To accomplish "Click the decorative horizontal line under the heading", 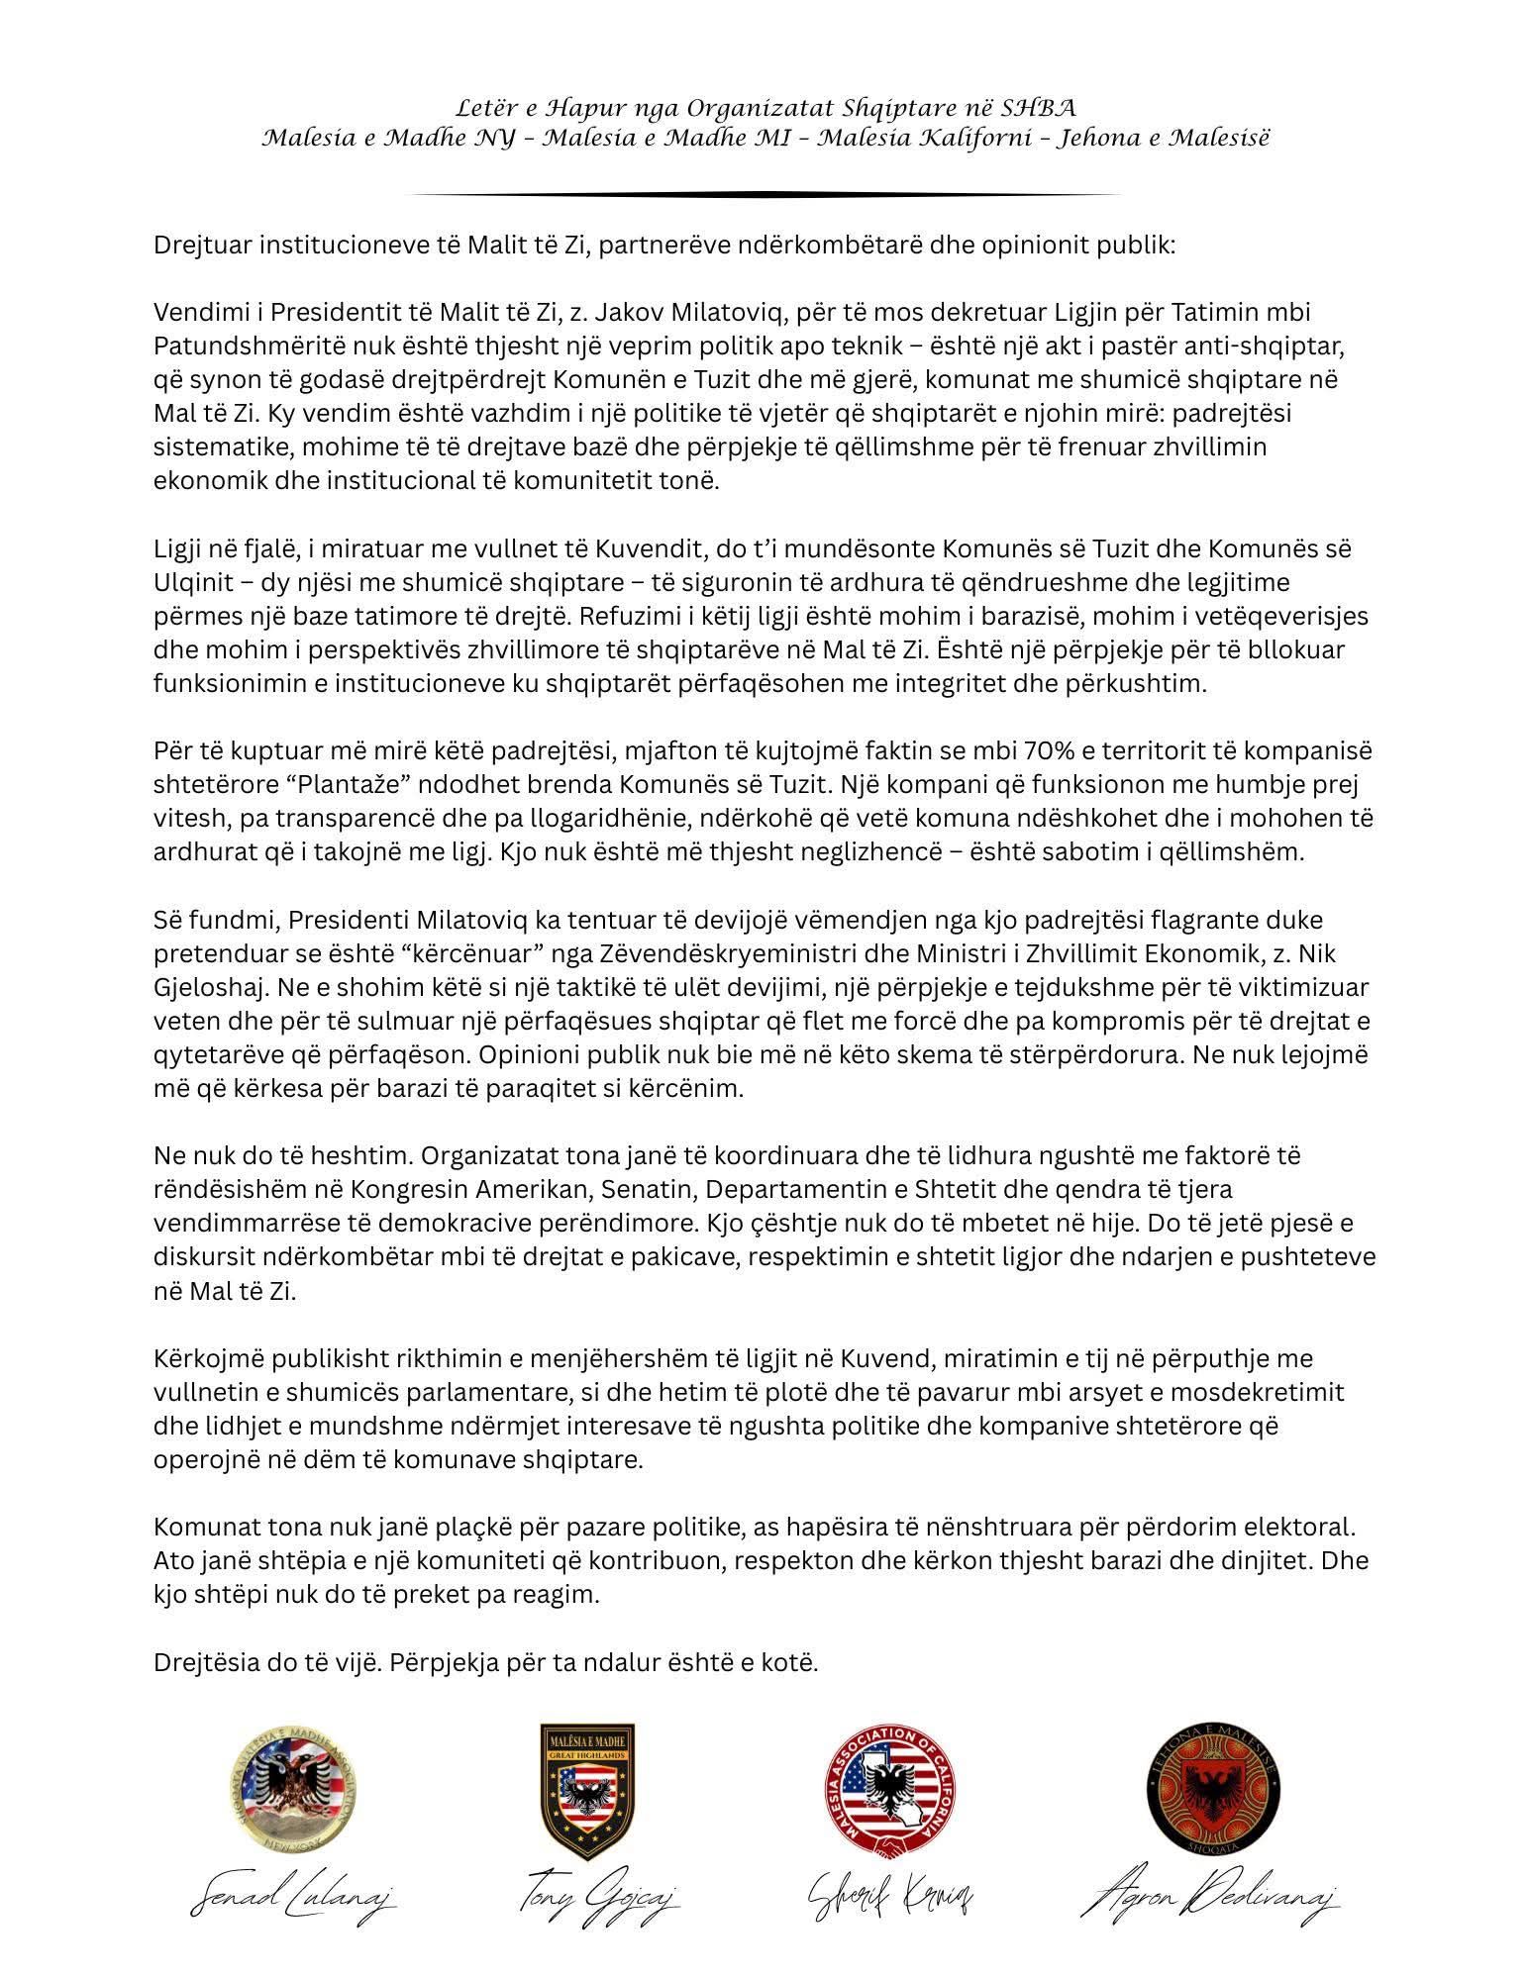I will click(x=764, y=195).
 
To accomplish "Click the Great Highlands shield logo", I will click(x=586, y=1799).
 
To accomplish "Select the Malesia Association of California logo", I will click(x=886, y=1800).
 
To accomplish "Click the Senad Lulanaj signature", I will click(x=294, y=1899).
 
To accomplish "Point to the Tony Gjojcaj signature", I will click(x=598, y=1899).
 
